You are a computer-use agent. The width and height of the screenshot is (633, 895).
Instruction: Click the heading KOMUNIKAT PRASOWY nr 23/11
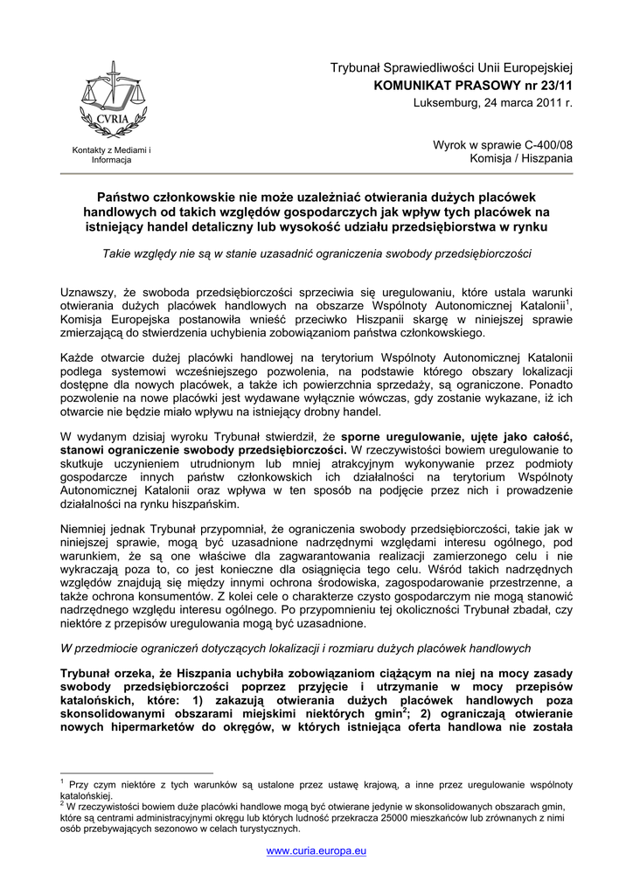coord(473,86)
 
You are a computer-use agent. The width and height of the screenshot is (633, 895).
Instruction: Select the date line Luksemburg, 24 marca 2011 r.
coord(492,103)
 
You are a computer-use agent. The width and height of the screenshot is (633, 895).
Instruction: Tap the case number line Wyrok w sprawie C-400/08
coord(503,144)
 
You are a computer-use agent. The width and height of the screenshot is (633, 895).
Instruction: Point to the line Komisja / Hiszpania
coord(521,159)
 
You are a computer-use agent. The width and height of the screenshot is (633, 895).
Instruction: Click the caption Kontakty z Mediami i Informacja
coord(111,156)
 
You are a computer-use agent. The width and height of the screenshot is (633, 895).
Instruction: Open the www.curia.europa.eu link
coord(316,850)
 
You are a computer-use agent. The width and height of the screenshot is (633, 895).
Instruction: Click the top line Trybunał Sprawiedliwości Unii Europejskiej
coord(450,68)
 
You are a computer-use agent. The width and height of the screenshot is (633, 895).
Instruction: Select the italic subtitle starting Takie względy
coord(316,253)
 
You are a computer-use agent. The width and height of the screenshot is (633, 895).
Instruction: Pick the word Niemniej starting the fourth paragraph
coord(87,529)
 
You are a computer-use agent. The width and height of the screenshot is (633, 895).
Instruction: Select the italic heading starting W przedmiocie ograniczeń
coord(296,649)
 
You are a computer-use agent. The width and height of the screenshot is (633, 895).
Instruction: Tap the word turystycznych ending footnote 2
coord(247,829)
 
